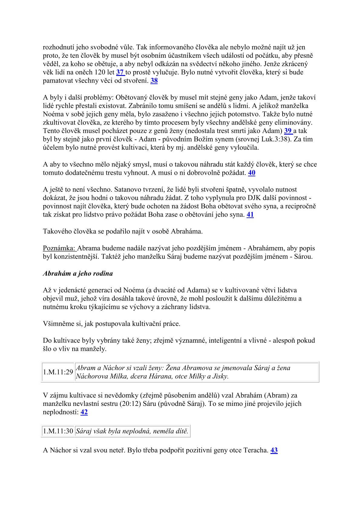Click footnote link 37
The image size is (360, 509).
pos(120,72)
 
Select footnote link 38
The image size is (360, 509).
pos(154,81)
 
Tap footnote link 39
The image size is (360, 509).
pos(288,131)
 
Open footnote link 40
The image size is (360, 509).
pos(251,173)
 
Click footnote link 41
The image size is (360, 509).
pos(250,215)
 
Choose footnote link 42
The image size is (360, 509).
pos(84,412)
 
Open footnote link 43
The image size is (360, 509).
pos(274,450)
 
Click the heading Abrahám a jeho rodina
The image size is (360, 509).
pos(78,273)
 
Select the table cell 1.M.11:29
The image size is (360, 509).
pos(58,372)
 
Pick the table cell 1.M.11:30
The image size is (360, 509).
pos(58,431)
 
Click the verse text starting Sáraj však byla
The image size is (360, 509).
pos(132,431)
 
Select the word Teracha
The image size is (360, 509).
pos(256,450)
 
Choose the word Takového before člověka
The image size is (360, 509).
pos(57,232)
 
